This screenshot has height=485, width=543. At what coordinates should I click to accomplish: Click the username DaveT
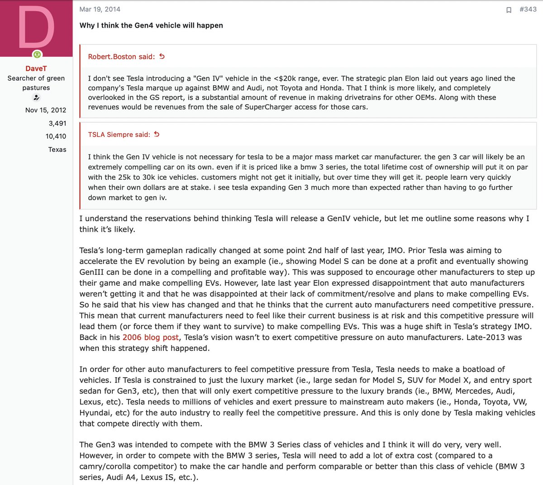[x=36, y=68]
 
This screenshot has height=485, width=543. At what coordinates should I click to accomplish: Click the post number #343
[x=528, y=9]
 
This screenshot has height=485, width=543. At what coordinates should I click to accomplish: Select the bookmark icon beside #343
[x=509, y=10]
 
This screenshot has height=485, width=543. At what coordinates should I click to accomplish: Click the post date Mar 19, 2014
[x=100, y=9]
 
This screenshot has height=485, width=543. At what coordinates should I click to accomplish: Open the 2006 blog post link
[x=151, y=337]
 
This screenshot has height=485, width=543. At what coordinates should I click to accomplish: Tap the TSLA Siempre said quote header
[x=119, y=134]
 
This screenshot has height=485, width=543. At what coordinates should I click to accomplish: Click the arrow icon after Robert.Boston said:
[x=162, y=57]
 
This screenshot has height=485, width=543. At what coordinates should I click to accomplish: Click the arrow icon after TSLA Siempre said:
[x=157, y=134]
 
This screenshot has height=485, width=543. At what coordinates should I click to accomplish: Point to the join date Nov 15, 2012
[x=46, y=110]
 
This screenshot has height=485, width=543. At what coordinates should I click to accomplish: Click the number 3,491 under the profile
[x=57, y=123]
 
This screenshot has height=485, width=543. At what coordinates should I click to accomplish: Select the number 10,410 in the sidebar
[x=56, y=136]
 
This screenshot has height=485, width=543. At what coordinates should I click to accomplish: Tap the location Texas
[x=57, y=149]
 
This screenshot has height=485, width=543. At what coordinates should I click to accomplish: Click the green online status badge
[x=37, y=55]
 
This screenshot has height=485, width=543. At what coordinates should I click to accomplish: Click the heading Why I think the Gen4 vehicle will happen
[x=151, y=25]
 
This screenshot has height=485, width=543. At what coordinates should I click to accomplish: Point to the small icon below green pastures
[x=36, y=98]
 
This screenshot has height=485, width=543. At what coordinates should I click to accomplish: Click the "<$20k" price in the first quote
[x=285, y=78]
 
